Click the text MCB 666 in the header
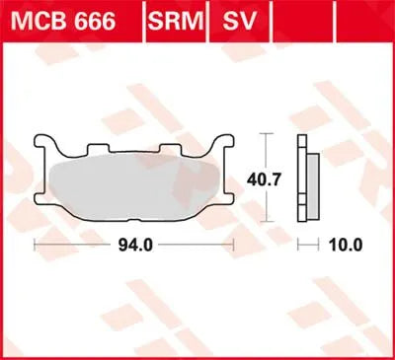pyautogui.click(x=72, y=19)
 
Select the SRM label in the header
pyautogui.click(x=172, y=19)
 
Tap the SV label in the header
pyautogui.click(x=234, y=19)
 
